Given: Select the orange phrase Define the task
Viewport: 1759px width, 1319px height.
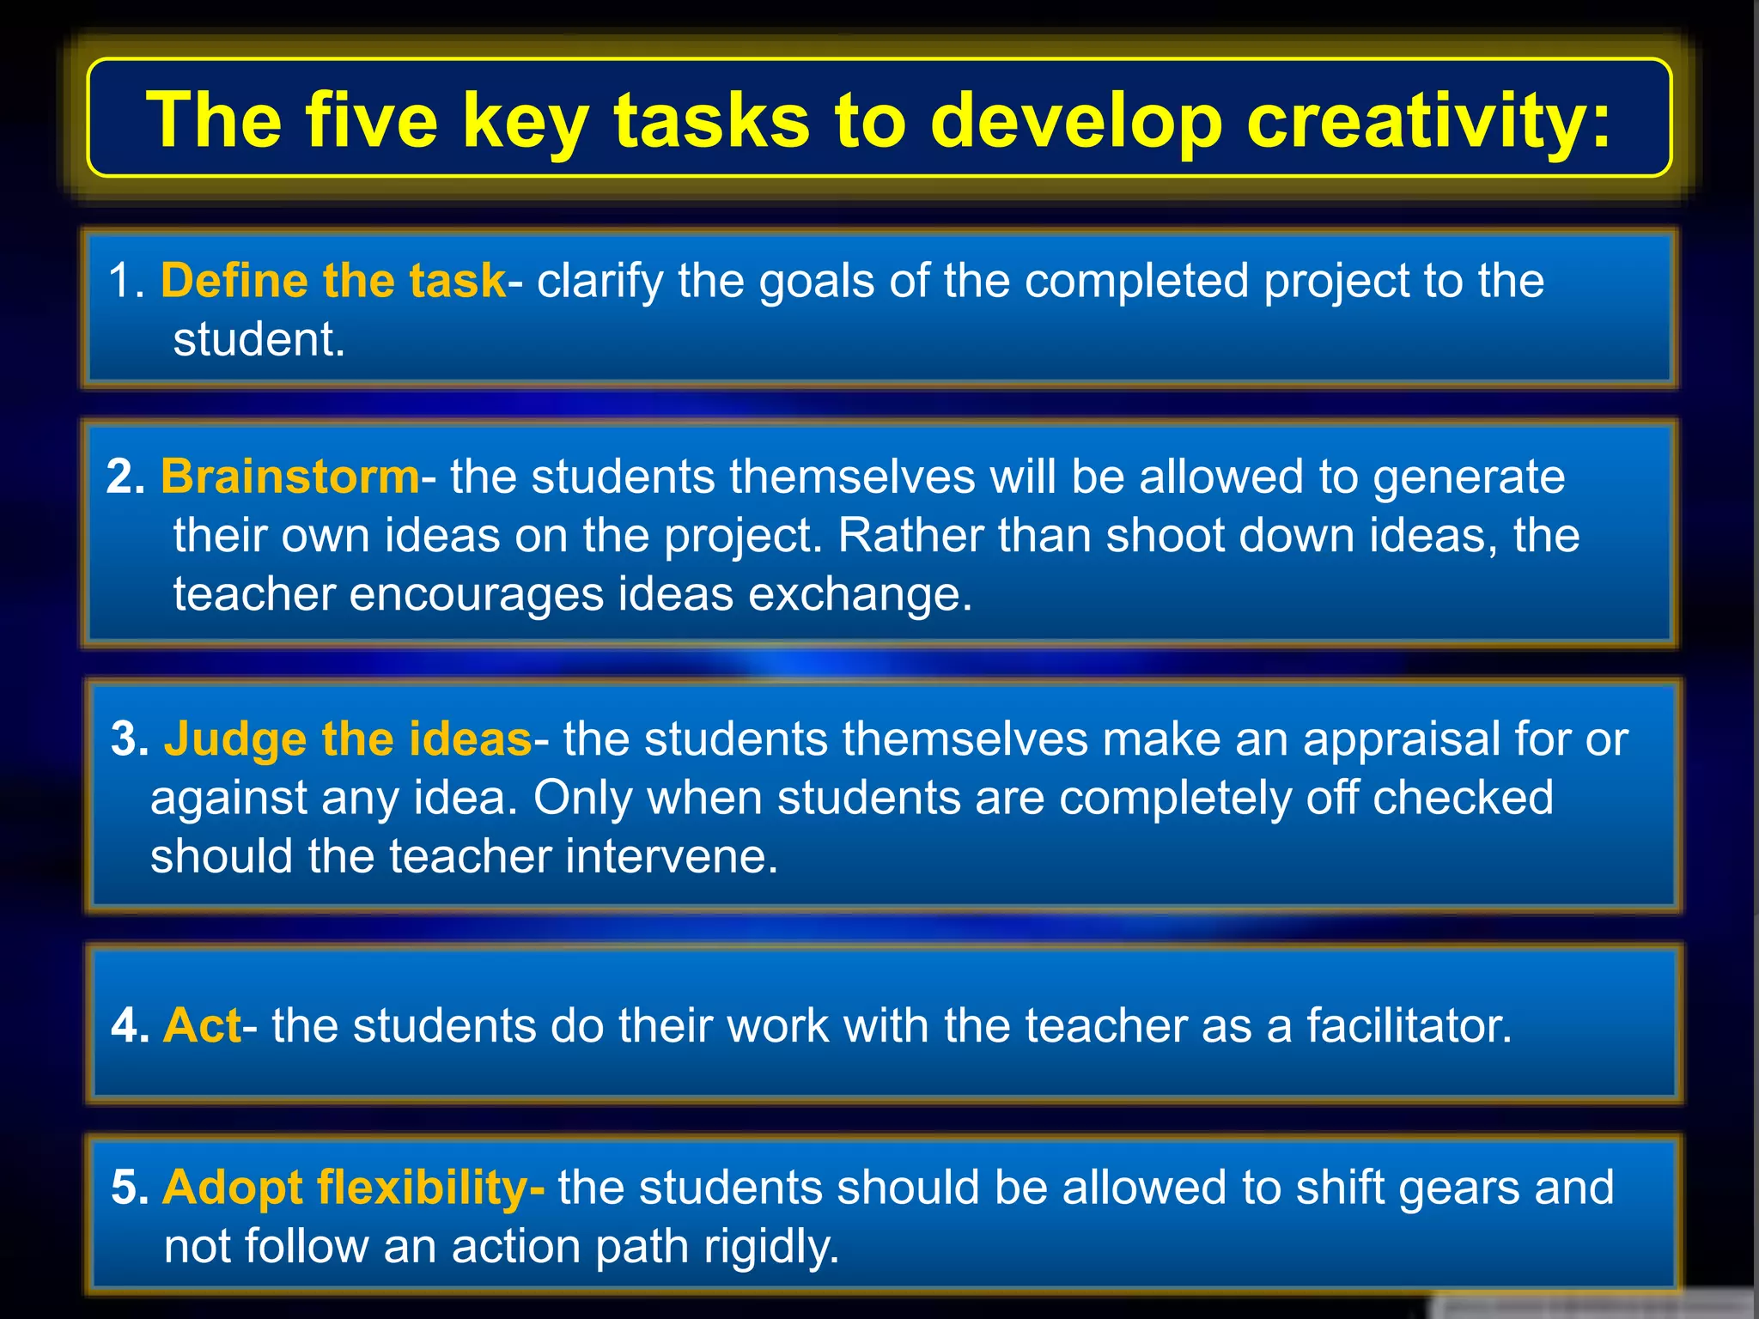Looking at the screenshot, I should click(x=333, y=281).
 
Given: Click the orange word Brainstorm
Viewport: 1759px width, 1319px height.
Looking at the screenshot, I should click(x=290, y=477).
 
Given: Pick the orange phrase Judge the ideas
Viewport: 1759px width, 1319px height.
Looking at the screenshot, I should click(x=348, y=739).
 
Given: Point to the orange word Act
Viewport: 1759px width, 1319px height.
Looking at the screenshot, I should click(x=203, y=1025).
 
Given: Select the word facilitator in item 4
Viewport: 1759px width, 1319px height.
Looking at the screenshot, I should click(x=1409, y=1025).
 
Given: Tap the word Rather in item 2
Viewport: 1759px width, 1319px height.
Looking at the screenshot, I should click(x=909, y=536).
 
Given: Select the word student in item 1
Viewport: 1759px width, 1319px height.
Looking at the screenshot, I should click(x=259, y=339).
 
